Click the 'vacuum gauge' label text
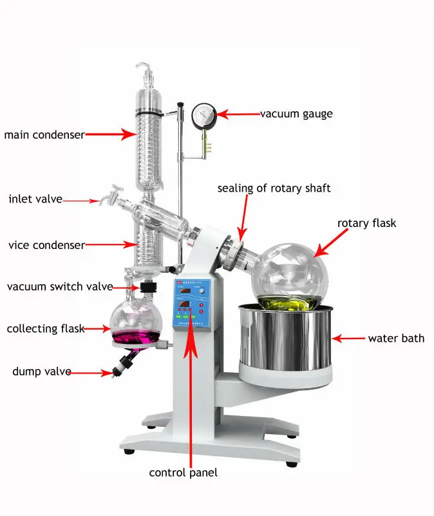(296, 114)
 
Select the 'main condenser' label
(44, 135)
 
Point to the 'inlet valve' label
(35, 199)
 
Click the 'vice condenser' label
(46, 245)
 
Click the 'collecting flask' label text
(46, 329)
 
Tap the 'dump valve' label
(41, 372)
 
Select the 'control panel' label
(184, 473)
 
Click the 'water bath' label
(396, 338)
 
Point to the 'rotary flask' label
(366, 223)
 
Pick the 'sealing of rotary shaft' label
(274, 188)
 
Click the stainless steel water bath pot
(287, 339)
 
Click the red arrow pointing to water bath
(348, 338)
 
